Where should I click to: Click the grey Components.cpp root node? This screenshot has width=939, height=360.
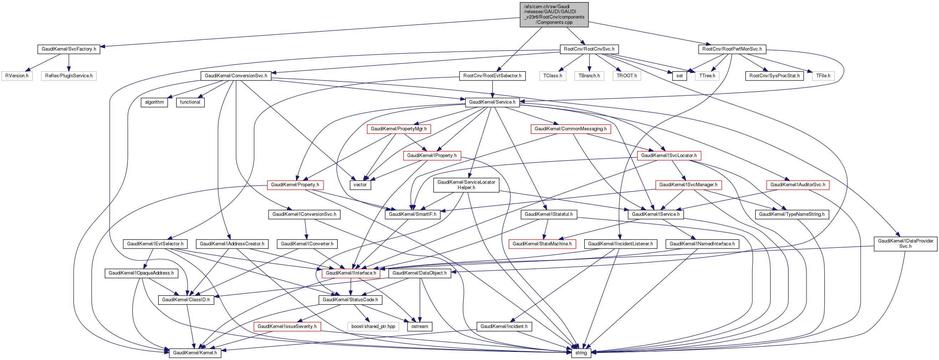(x=554, y=15)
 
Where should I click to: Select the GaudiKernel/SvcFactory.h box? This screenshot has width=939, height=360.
(x=68, y=49)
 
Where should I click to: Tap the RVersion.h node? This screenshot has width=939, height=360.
(x=17, y=76)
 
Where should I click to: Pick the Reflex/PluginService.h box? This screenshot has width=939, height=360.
(x=68, y=76)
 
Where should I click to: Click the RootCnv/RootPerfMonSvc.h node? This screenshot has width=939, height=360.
(x=732, y=49)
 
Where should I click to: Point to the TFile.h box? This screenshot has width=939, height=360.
(x=823, y=76)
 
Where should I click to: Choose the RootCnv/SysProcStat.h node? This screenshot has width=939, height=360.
(x=774, y=76)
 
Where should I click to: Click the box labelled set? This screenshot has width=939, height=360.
(x=679, y=76)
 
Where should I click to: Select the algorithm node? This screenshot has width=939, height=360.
(x=154, y=103)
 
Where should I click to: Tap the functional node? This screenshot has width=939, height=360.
(x=190, y=103)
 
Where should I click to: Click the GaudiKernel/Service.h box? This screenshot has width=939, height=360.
(x=492, y=103)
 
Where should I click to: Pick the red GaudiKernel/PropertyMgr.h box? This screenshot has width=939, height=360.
(x=398, y=129)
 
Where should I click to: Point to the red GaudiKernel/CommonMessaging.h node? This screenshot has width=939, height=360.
(x=570, y=129)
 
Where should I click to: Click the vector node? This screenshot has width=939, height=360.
(x=360, y=185)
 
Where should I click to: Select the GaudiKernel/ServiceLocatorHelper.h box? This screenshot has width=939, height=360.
(x=466, y=185)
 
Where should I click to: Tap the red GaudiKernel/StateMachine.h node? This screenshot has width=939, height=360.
(x=542, y=244)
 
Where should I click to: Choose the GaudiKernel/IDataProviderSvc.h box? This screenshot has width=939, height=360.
(x=905, y=244)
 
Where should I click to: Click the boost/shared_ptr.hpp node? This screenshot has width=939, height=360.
(x=373, y=327)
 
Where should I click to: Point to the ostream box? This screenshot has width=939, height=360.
(x=420, y=327)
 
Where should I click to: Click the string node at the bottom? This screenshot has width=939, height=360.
(x=581, y=353)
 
